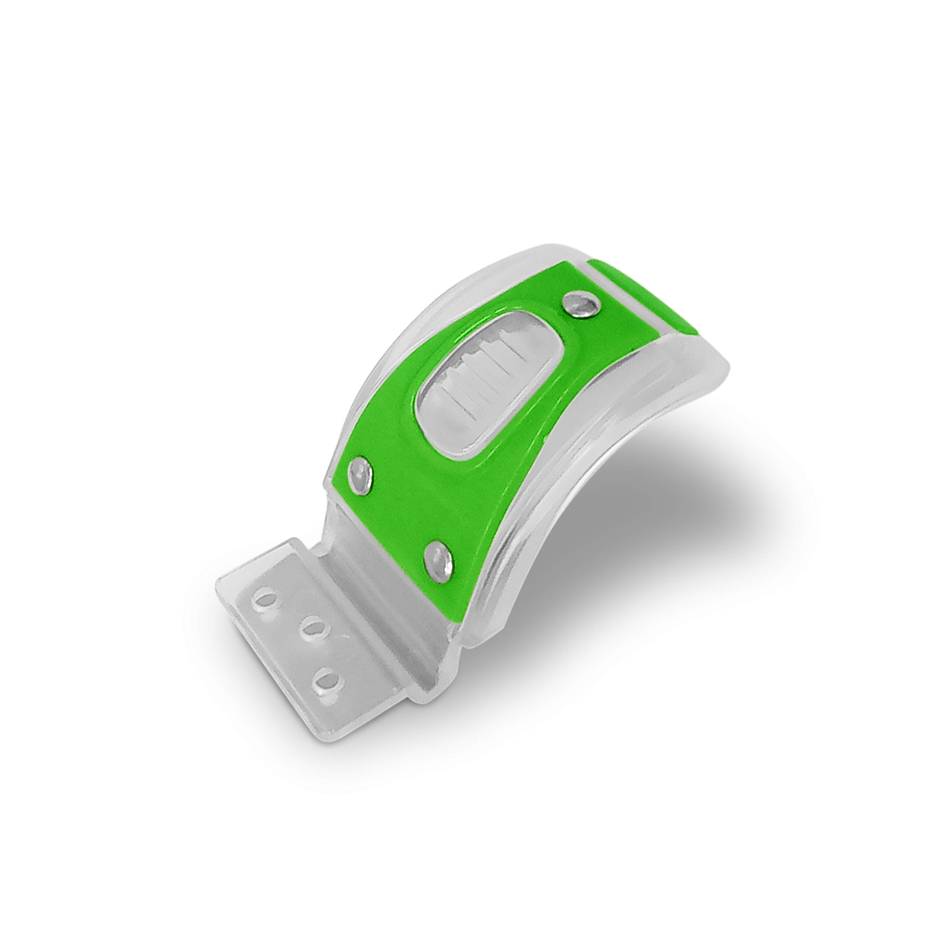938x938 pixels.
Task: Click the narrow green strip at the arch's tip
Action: (646, 301)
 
